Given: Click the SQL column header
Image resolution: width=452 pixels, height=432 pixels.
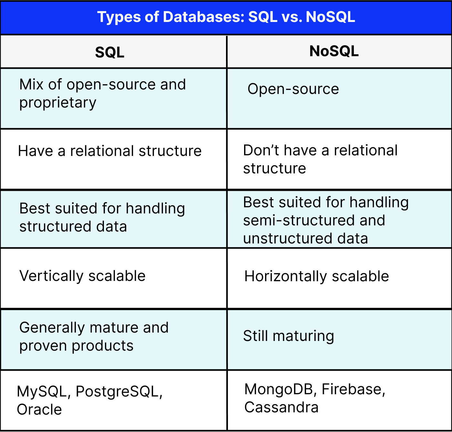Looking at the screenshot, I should [x=110, y=52].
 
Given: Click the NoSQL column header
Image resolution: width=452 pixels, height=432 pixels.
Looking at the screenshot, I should [x=334, y=51].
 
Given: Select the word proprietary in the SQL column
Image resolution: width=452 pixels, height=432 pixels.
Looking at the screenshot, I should [x=58, y=103].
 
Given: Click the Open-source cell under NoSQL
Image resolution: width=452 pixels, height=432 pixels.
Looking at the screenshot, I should [x=293, y=89].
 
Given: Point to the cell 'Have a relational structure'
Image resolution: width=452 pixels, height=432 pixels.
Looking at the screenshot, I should [x=110, y=151].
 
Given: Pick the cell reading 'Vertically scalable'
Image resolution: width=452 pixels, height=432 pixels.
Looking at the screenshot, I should [x=82, y=276].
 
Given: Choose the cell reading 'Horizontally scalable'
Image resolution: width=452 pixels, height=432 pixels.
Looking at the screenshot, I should [x=316, y=276].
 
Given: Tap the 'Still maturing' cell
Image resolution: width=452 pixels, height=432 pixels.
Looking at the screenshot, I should [x=288, y=336].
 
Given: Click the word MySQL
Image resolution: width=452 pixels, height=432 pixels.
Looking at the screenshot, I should [x=42, y=391].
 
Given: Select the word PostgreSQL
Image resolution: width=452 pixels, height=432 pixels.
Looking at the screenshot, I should [x=118, y=391].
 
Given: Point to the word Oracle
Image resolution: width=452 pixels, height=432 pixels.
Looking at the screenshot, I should [x=39, y=409].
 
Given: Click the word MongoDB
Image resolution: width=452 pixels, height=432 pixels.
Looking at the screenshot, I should [x=279, y=389].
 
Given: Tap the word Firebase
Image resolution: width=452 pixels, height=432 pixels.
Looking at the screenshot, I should [x=352, y=389].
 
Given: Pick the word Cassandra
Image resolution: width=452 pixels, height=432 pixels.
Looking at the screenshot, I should [x=281, y=407].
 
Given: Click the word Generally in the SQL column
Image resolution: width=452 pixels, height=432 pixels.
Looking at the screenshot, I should [x=52, y=328].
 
